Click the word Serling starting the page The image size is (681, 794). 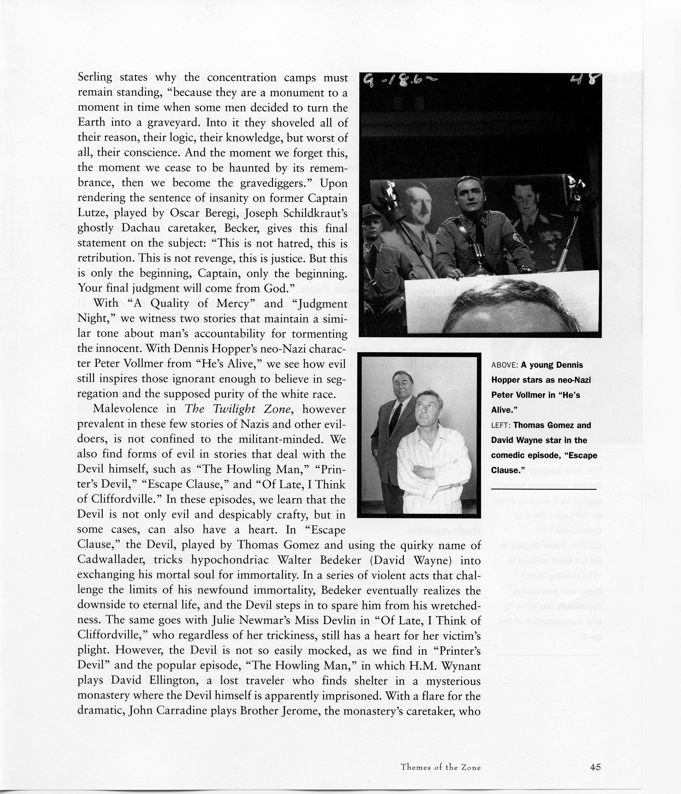point(95,77)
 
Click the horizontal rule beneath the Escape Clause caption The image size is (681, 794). point(543,489)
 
